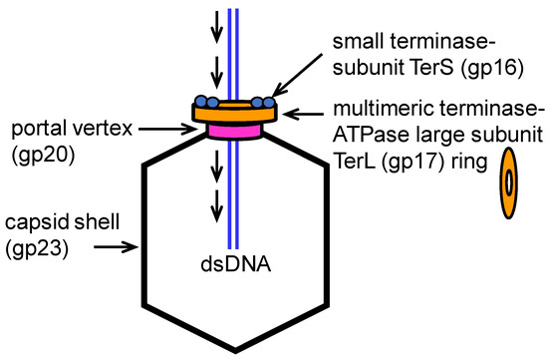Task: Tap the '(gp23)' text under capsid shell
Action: (x=37, y=244)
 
